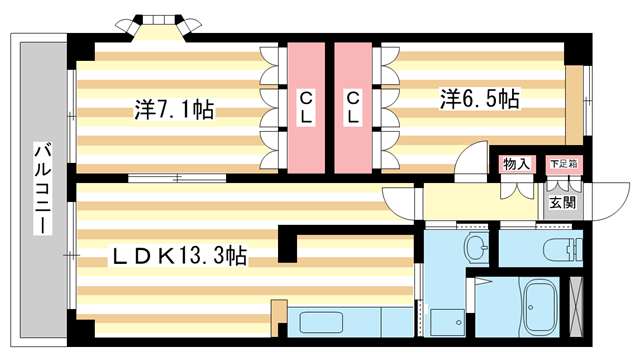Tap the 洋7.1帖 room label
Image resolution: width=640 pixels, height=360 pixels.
176,108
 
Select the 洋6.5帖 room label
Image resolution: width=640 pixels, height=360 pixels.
480,100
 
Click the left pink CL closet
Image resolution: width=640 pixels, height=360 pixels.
306,105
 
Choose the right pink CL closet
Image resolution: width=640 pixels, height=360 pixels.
354,105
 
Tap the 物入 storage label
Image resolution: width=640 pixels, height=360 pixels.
516,163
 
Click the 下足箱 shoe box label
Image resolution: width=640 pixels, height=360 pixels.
565,163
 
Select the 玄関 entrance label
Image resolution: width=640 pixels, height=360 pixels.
563,202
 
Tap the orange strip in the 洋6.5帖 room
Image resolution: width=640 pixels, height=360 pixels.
573,105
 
